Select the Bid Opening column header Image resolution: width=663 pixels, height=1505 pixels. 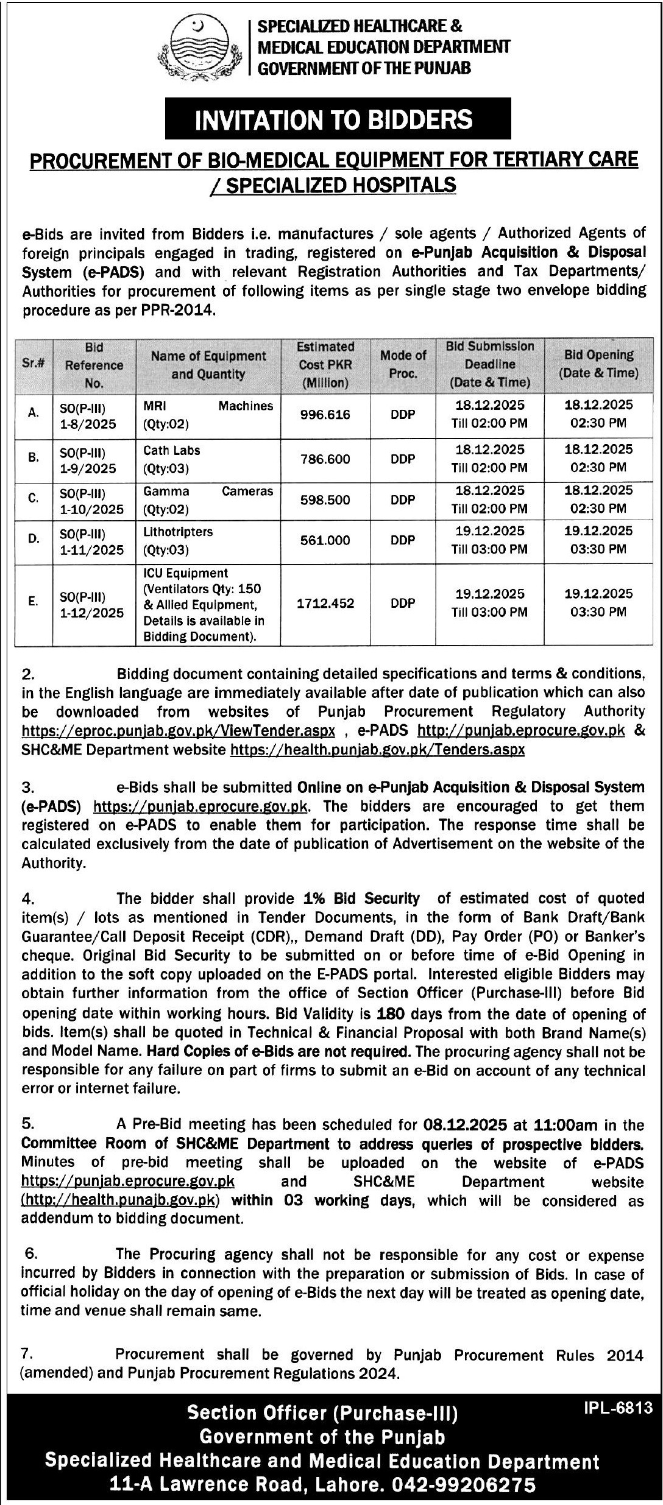click(598, 364)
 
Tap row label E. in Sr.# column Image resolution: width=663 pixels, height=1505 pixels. click(34, 601)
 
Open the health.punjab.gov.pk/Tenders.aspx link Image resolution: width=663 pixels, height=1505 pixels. click(377, 749)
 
